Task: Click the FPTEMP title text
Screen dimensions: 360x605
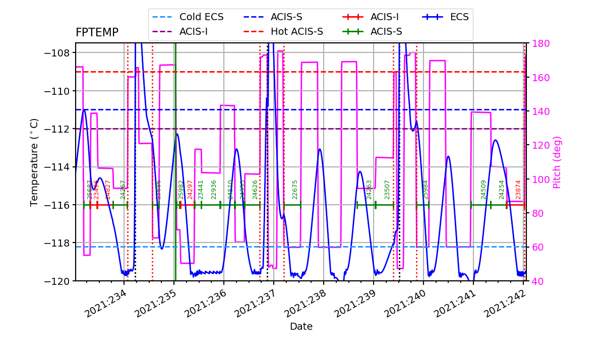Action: (97, 33)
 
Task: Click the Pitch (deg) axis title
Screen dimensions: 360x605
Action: (557, 162)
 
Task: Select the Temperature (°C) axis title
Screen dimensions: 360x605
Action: (34, 162)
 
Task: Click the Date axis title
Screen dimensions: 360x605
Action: (301, 327)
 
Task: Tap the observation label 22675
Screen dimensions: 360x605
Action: (295, 189)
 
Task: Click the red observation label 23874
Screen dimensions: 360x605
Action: (518, 189)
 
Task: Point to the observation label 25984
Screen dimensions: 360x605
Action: (426, 189)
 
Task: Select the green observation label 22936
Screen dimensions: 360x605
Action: (214, 189)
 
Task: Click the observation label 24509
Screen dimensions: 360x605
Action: (483, 189)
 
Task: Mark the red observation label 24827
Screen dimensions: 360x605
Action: (107, 189)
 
